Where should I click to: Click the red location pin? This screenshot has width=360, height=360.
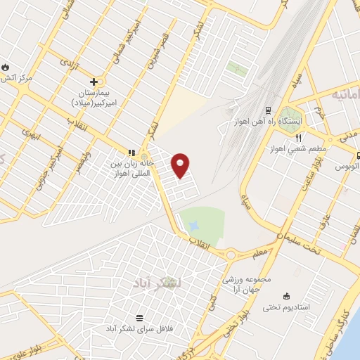point(181,164)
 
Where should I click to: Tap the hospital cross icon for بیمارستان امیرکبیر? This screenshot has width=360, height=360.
point(94,82)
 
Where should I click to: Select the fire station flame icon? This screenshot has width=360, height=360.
point(6,67)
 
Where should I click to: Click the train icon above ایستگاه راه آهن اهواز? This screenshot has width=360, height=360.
point(267,110)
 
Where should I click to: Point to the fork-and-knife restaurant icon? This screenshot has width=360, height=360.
point(299,137)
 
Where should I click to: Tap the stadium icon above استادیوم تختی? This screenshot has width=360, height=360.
point(285,296)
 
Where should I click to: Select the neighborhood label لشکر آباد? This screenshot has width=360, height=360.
point(156,283)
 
